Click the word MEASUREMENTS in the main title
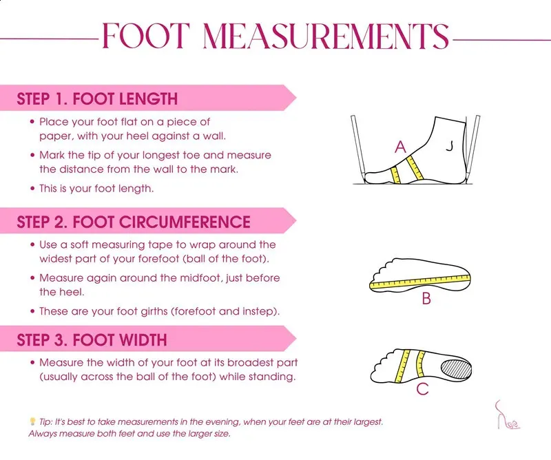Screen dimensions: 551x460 pos(326,36)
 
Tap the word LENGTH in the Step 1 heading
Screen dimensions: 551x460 pos(148,98)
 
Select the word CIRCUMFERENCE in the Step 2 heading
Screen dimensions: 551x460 pos(185,222)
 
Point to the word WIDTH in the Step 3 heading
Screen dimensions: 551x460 pos(143,340)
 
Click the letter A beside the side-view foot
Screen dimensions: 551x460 pos(400,147)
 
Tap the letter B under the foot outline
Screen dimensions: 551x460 pos(426,299)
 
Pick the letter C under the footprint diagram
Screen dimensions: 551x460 pos(422,389)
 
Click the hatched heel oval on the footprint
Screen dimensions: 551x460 pos(456,369)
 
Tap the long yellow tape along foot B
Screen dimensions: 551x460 pos(420,282)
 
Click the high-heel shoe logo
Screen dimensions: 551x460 pos(507,415)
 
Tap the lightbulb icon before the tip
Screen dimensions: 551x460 pos(32,421)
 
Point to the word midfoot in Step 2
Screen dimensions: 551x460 pos(201,278)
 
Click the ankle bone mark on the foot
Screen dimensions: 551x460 pos(449,145)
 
